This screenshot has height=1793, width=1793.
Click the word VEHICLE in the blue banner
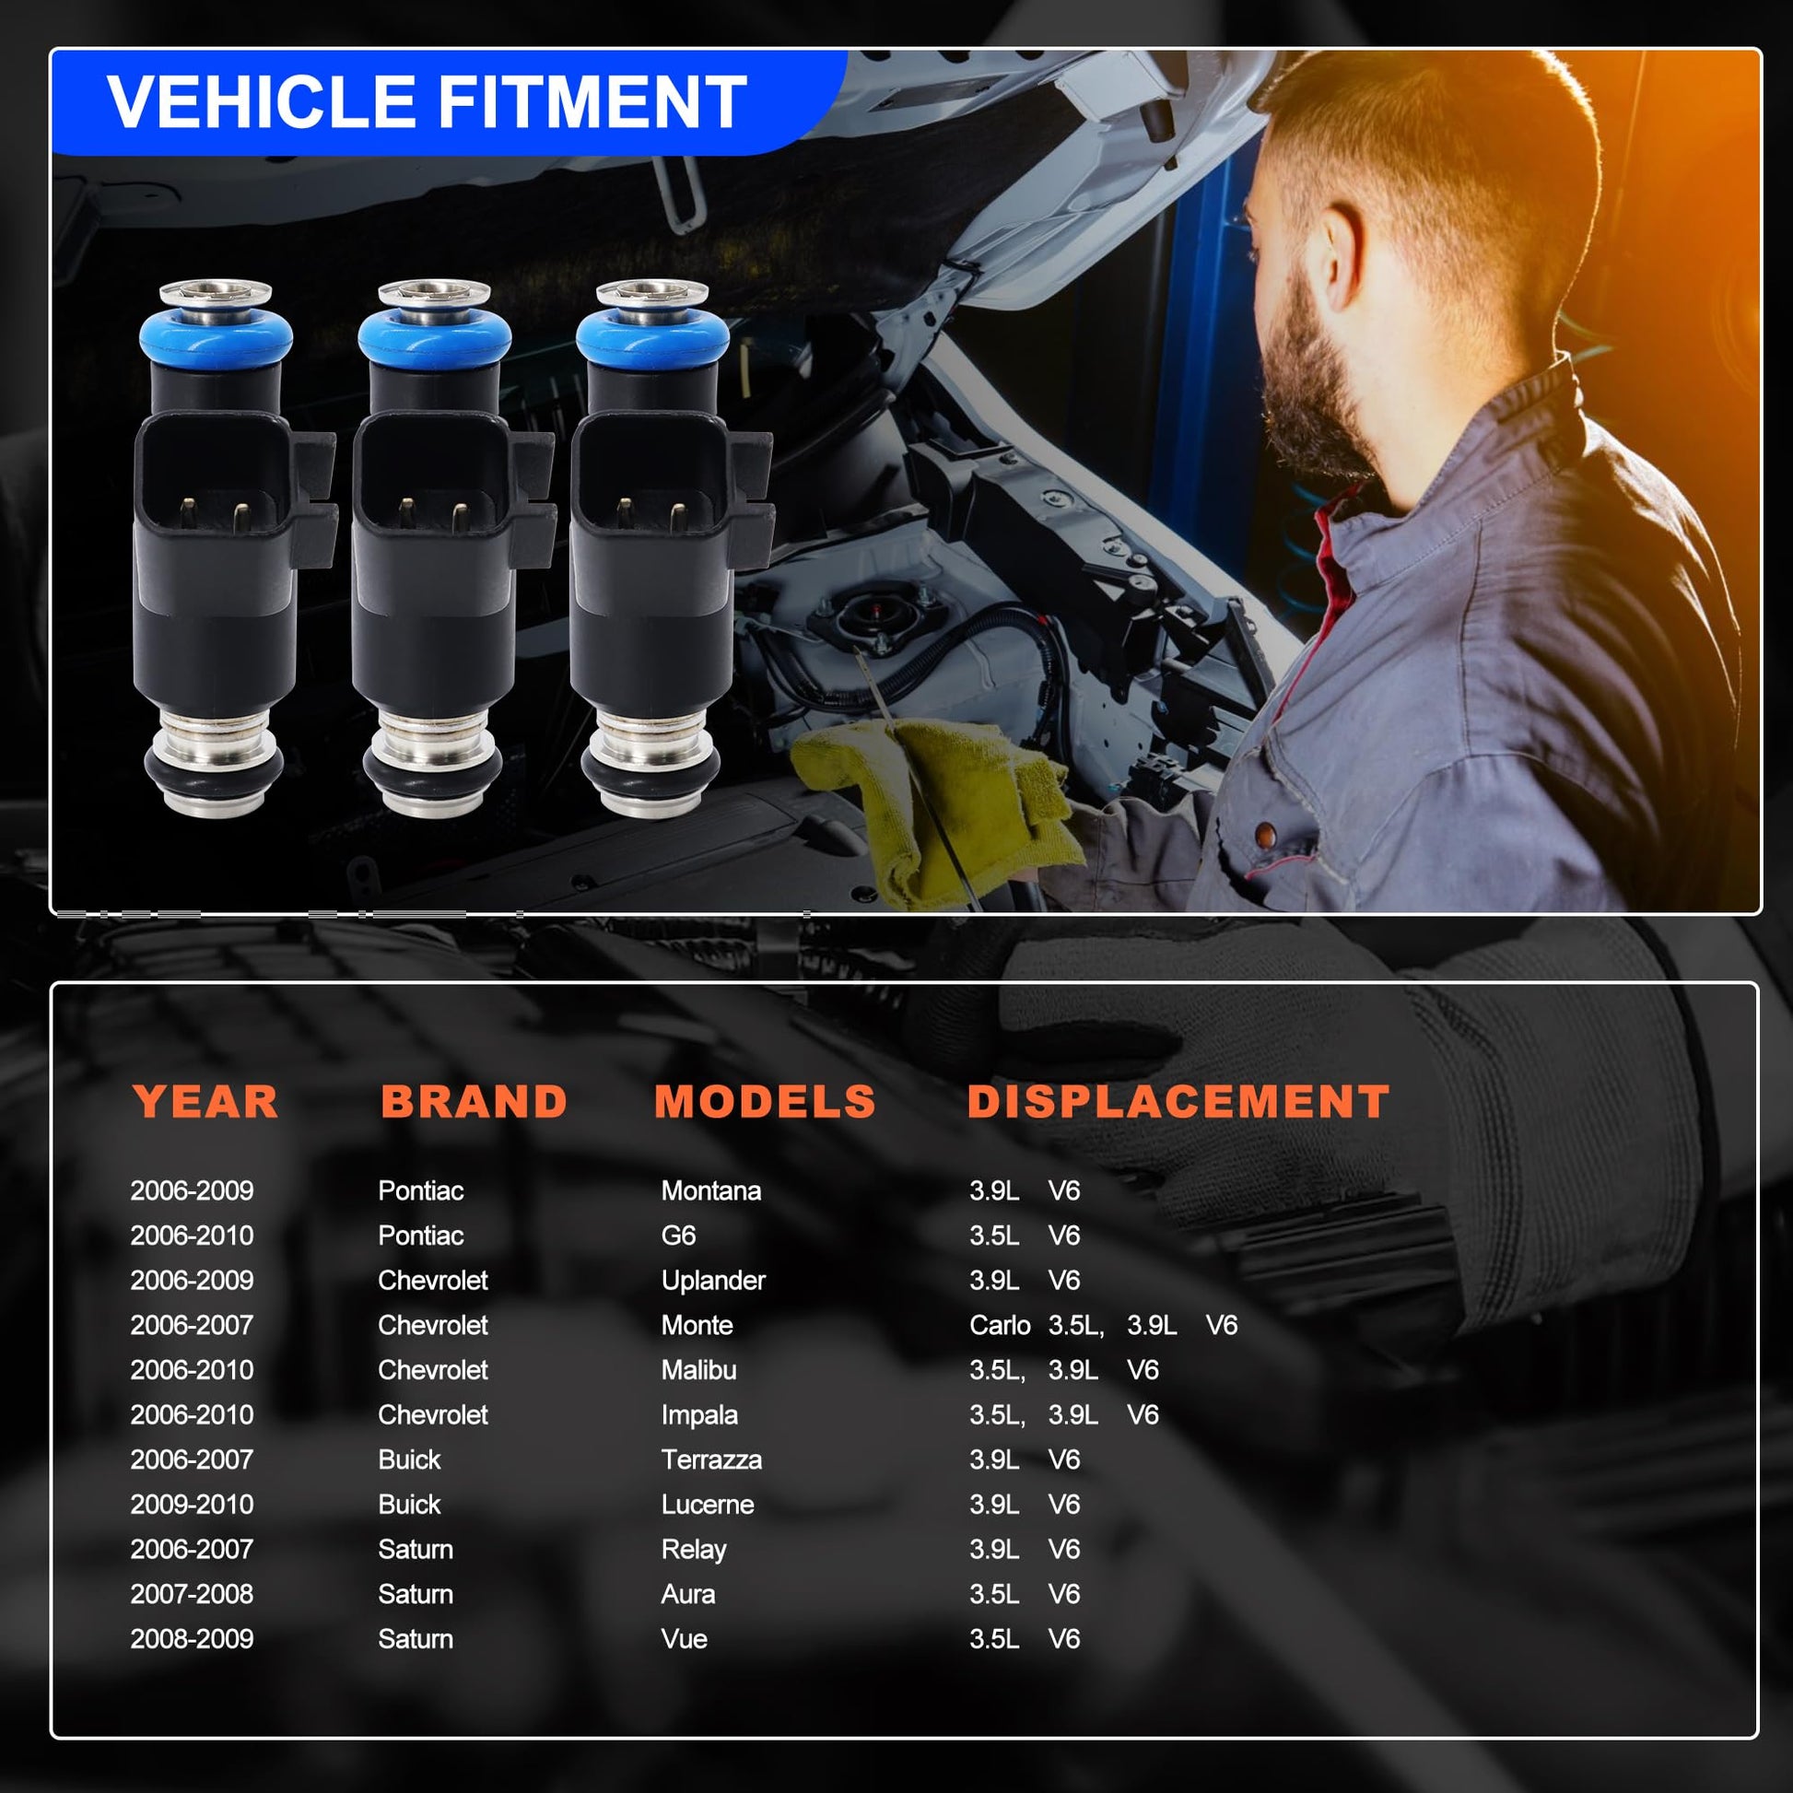(261, 102)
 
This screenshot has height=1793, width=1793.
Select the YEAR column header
(205, 1102)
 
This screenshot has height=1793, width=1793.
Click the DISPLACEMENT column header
(1178, 1102)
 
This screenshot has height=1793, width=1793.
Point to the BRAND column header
(475, 1102)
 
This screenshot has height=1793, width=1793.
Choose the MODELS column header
(765, 1102)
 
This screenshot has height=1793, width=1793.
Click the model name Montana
(711, 1190)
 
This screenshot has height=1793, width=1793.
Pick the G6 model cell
(678, 1236)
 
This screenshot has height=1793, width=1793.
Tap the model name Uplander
(714, 1281)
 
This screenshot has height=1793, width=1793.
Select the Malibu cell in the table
(698, 1370)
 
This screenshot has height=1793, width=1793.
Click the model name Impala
(699, 1415)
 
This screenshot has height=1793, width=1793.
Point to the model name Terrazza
(712, 1459)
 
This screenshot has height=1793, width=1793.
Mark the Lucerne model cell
(708, 1505)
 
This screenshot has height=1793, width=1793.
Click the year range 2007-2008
(192, 1594)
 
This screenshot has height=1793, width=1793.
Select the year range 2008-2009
(192, 1639)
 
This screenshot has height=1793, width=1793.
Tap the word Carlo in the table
(1000, 1325)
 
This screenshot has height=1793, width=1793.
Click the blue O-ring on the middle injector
(434, 336)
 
